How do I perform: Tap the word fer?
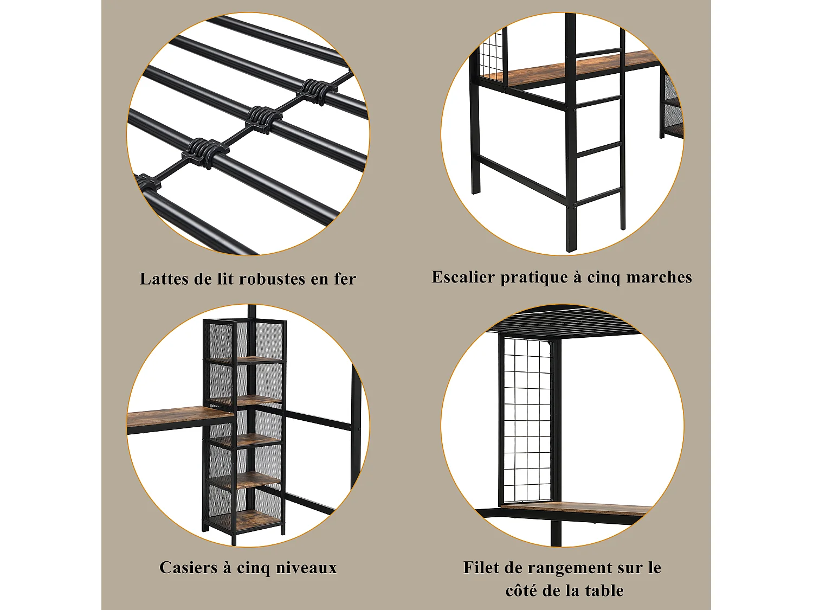pos(345,279)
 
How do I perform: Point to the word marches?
pos(659,277)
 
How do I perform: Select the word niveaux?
pos(306,568)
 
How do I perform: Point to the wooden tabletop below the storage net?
pos(575,508)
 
